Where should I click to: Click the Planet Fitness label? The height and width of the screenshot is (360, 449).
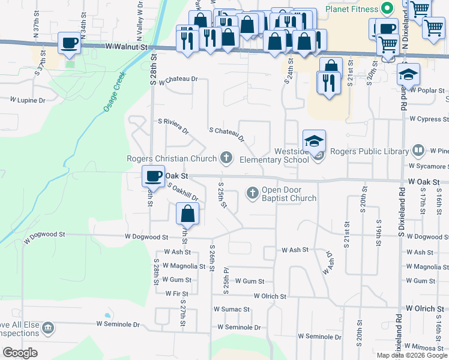[x=352, y=9]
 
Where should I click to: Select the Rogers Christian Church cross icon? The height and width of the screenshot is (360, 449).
[x=226, y=158]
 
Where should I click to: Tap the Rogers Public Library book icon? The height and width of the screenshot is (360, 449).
[x=419, y=151]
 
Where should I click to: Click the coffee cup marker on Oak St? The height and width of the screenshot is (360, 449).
[x=152, y=176]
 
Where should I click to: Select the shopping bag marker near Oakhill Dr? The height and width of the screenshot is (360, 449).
[x=188, y=212]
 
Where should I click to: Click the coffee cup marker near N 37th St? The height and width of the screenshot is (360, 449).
[x=70, y=43]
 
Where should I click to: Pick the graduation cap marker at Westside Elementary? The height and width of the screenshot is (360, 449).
[x=314, y=141]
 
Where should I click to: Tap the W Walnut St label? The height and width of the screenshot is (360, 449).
[x=126, y=46]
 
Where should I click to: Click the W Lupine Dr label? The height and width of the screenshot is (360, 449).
[x=27, y=100]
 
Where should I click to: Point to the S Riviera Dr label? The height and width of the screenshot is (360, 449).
[x=173, y=125]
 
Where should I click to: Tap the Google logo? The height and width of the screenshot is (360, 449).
[x=20, y=353]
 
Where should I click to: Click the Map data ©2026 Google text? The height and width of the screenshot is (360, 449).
[x=411, y=355]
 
